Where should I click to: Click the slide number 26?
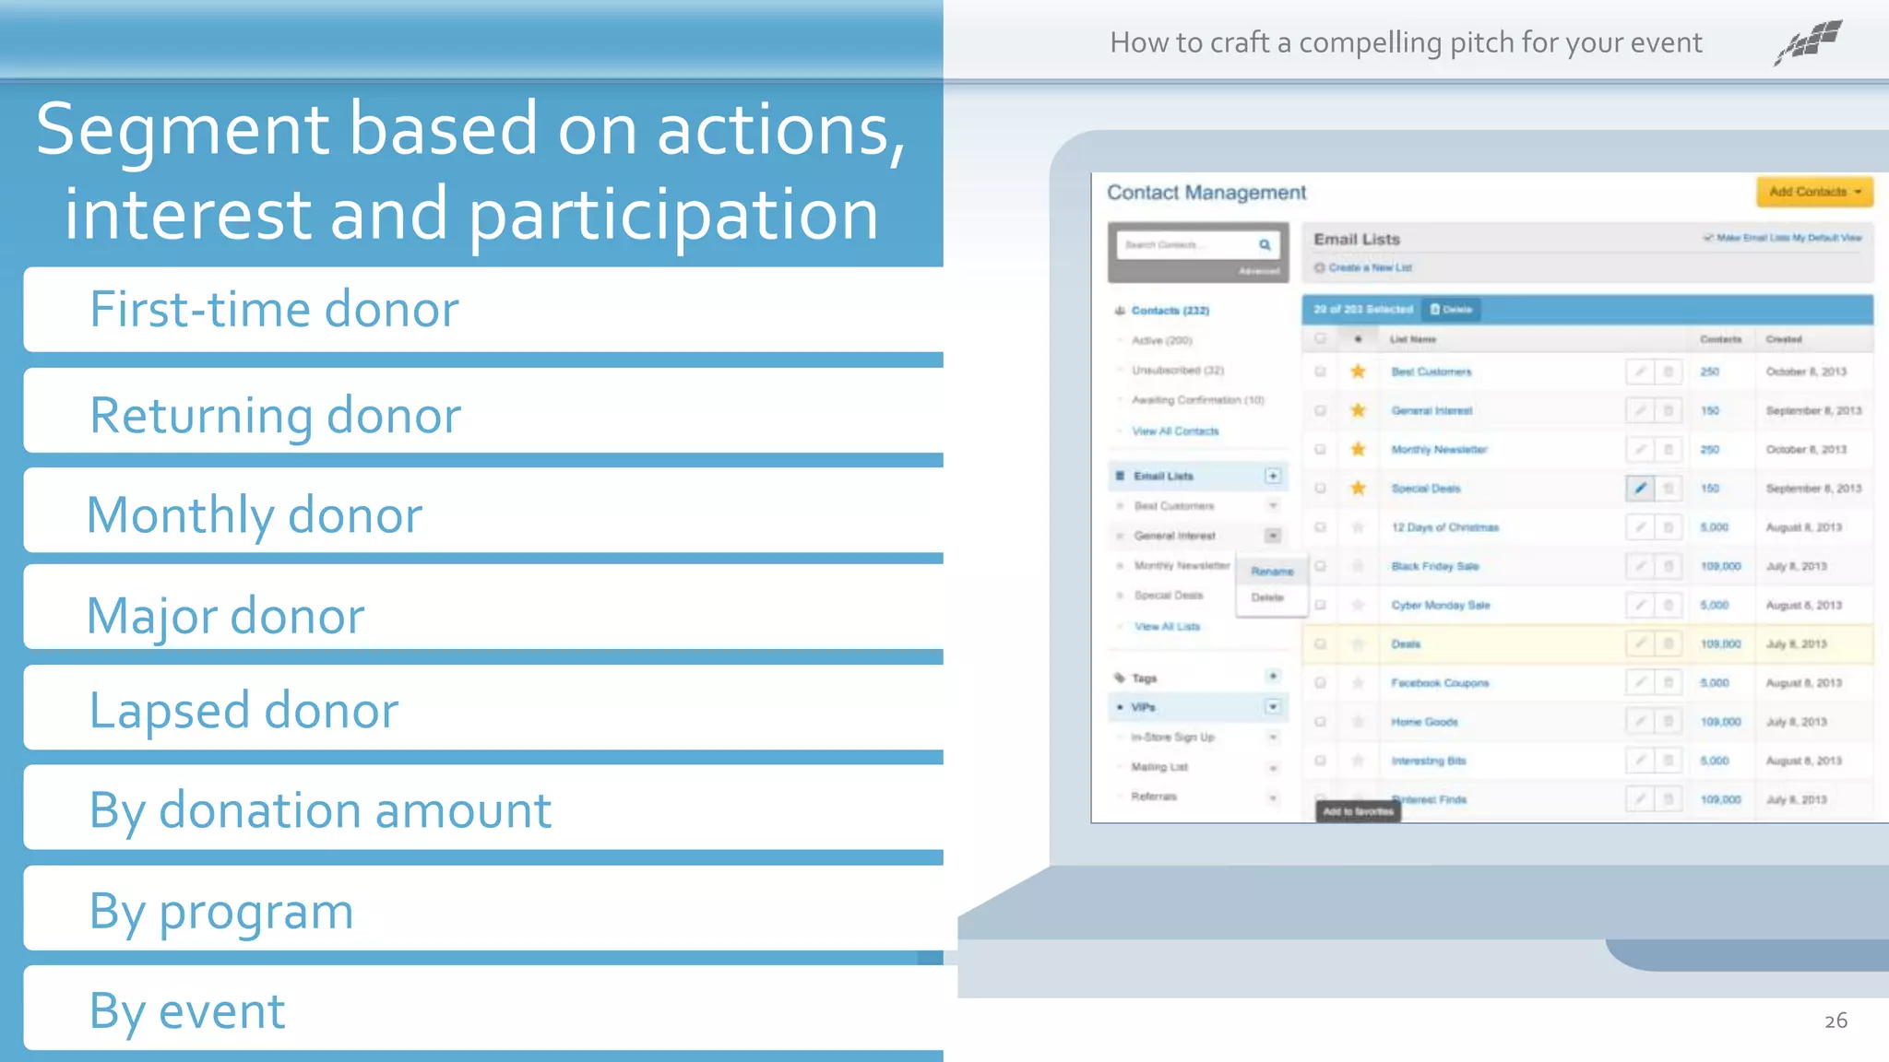(x=1836, y=1021)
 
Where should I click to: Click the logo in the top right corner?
(x=1809, y=41)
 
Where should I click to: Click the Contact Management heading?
(x=1206, y=193)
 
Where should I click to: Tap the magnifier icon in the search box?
(x=1265, y=244)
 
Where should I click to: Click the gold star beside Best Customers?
(x=1358, y=372)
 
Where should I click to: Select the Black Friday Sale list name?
(x=1435, y=566)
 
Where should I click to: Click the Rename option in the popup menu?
(x=1272, y=572)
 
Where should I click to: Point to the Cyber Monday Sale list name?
(x=1441, y=606)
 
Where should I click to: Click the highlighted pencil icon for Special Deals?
(x=1640, y=489)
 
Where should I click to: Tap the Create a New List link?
(x=1370, y=267)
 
